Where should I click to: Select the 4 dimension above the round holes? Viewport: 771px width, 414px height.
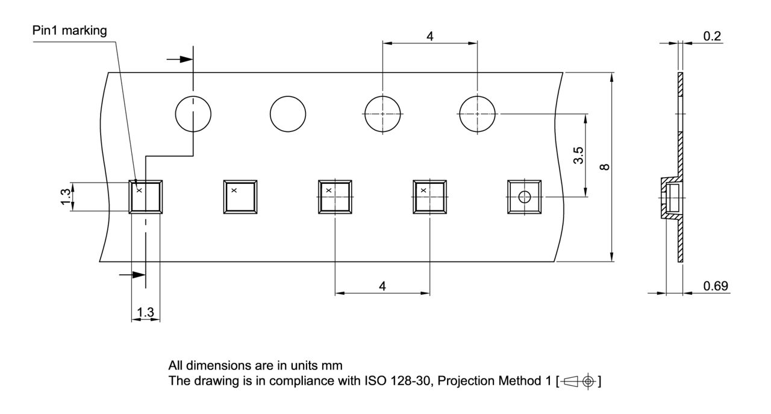pos(429,36)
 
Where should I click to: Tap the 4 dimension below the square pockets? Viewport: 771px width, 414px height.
pos(382,286)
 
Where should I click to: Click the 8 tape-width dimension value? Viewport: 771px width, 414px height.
pos(605,167)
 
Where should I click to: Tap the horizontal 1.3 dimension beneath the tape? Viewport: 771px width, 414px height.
pos(145,312)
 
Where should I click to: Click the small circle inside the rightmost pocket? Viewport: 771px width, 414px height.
pos(525,196)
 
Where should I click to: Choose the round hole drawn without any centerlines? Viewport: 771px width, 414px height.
pos(288,113)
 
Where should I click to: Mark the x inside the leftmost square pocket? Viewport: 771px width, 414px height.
pos(139,190)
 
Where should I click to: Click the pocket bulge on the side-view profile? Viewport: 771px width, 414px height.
pos(670,197)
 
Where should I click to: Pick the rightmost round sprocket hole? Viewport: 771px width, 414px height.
pos(477,113)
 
